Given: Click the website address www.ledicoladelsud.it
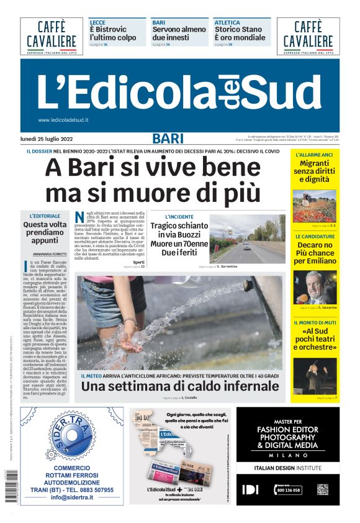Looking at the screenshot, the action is click(63, 120).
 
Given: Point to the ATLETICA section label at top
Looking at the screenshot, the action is click(227, 22).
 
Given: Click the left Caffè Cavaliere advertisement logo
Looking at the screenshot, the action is click(52, 35).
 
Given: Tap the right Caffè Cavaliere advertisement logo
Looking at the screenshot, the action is click(307, 35).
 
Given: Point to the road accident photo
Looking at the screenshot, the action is click(247, 239).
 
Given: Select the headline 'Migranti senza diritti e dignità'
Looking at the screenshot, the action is click(313, 171).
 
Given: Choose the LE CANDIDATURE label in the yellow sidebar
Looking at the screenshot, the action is click(314, 237).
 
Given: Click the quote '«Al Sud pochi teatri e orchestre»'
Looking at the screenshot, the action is click(314, 339).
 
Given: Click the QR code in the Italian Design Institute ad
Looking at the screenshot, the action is click(322, 489).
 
